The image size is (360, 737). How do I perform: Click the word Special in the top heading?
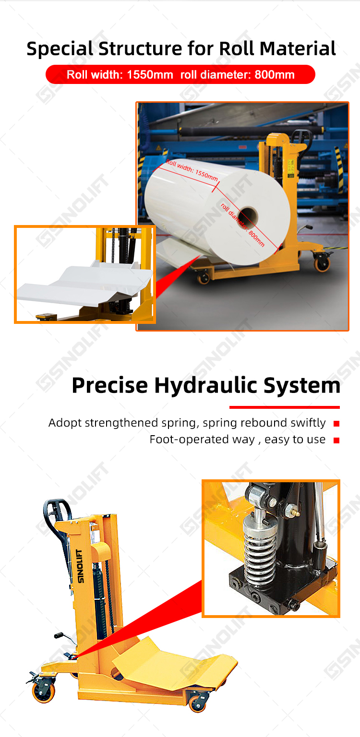[60, 49]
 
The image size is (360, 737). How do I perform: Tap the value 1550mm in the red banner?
[150, 75]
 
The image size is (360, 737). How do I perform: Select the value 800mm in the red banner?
[275, 75]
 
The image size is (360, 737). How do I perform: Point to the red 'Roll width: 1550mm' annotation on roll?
[192, 170]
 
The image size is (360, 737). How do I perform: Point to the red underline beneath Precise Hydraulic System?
[284, 407]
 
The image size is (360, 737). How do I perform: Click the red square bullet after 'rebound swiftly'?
[336, 424]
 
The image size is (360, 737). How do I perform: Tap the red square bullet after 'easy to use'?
[336, 440]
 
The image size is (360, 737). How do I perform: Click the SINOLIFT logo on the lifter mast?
[80, 566]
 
